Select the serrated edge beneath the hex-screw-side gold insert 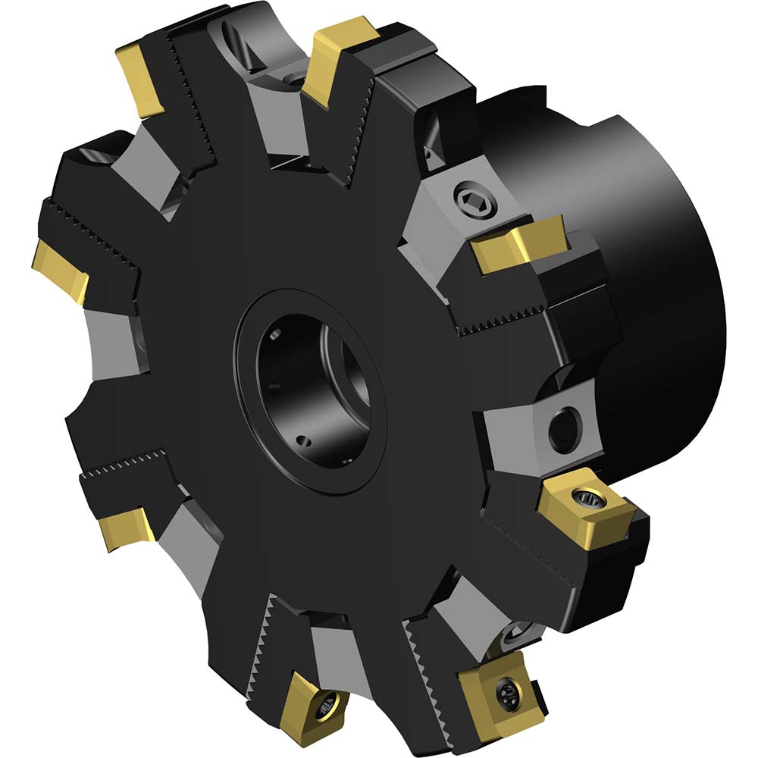click(x=500, y=322)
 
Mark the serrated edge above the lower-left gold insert click(x=125, y=464)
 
